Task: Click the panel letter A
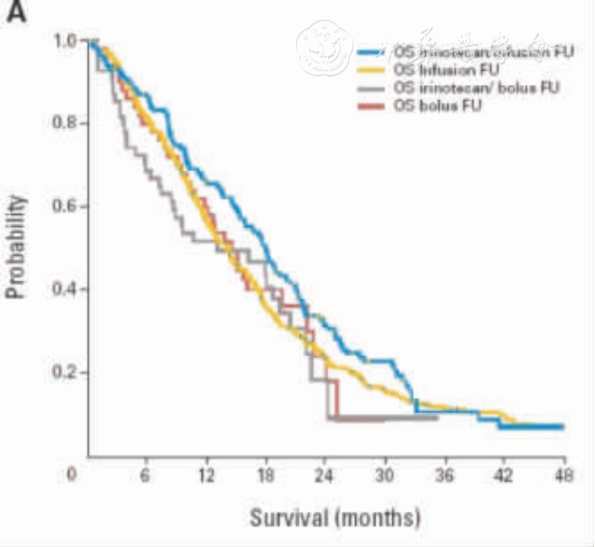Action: click(16, 16)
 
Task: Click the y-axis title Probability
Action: click(16, 247)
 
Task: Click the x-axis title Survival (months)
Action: click(335, 516)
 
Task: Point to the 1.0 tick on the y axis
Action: click(66, 41)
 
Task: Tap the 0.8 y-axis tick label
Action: click(66, 123)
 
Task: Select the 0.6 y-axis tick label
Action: click(66, 206)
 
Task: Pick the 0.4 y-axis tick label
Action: click(66, 289)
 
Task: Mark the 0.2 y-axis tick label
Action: click(66, 372)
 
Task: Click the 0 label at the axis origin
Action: click(71, 474)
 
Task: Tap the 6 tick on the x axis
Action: click(145, 474)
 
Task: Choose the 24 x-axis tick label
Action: click(325, 474)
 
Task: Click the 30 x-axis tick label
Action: click(385, 474)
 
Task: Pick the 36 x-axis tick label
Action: click(445, 474)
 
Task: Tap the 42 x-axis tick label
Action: click(504, 474)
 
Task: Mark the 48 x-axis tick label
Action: click(563, 474)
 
